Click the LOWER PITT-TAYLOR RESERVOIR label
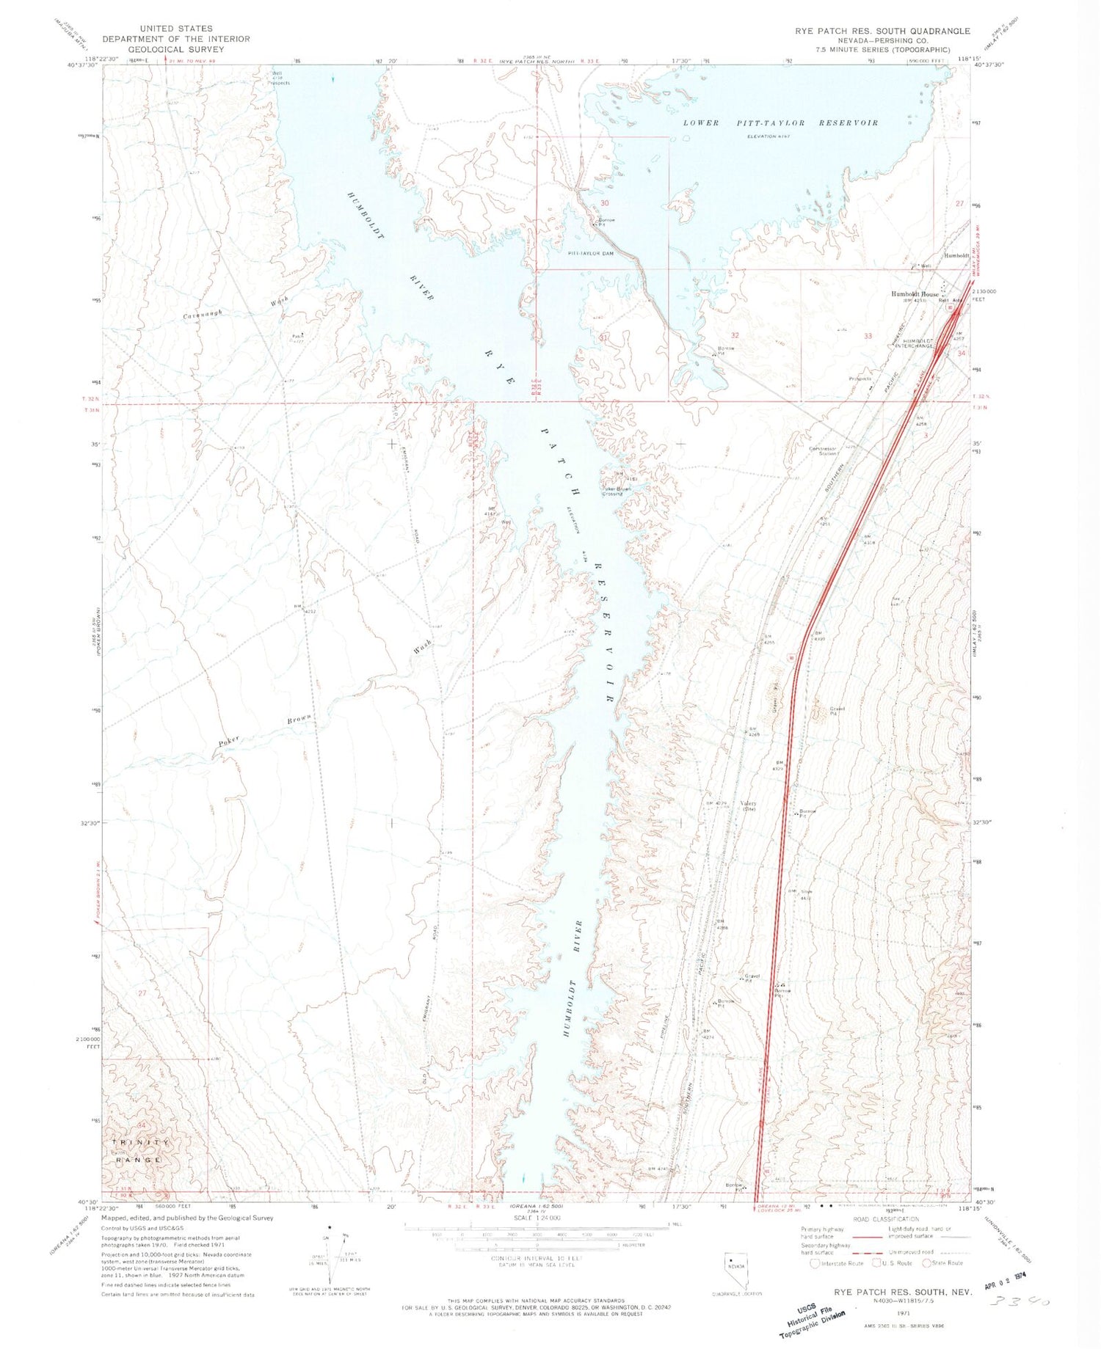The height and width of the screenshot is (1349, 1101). point(780,123)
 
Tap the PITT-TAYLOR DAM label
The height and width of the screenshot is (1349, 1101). point(590,253)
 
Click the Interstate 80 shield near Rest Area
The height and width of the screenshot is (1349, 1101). point(951,309)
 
